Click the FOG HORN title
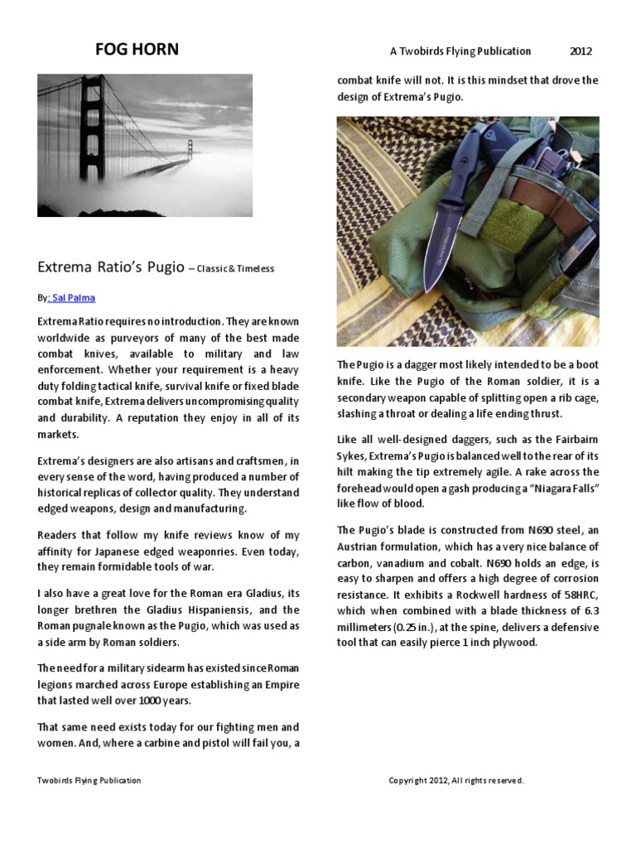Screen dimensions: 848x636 click(137, 50)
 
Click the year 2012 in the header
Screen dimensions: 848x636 click(581, 51)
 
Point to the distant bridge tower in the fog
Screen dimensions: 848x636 click(190, 150)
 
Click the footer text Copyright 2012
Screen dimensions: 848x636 click(455, 780)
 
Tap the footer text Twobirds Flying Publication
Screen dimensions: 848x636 click(89, 780)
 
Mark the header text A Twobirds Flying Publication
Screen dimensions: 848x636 click(460, 51)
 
